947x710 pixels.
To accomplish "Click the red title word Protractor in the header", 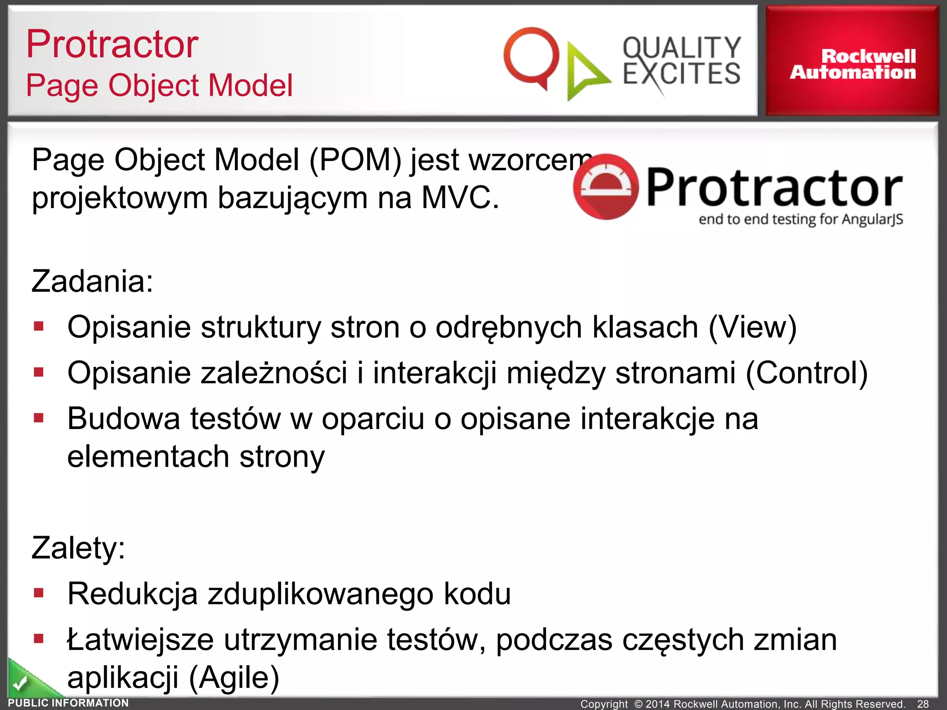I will tap(112, 44).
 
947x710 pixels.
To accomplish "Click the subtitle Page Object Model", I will tap(159, 86).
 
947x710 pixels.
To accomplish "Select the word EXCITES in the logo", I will tap(682, 74).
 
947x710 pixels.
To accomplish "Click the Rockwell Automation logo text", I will tap(853, 64).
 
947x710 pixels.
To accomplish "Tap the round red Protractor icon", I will tap(606, 187).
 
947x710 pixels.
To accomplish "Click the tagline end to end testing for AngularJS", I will tap(800, 219).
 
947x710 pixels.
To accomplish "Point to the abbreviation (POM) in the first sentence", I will tap(355, 160).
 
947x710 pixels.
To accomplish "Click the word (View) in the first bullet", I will tap(752, 327).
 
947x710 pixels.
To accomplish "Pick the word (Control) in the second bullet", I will tap(806, 373).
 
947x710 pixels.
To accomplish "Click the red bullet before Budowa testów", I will tap(39, 418).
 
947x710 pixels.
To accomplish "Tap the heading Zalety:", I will tap(78, 548).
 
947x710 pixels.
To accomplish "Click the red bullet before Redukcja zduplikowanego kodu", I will tap(39, 593).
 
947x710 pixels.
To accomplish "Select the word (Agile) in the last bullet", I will tap(234, 678).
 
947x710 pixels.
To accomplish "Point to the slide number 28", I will tap(923, 704).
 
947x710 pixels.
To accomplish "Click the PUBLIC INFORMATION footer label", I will tap(68, 703).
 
